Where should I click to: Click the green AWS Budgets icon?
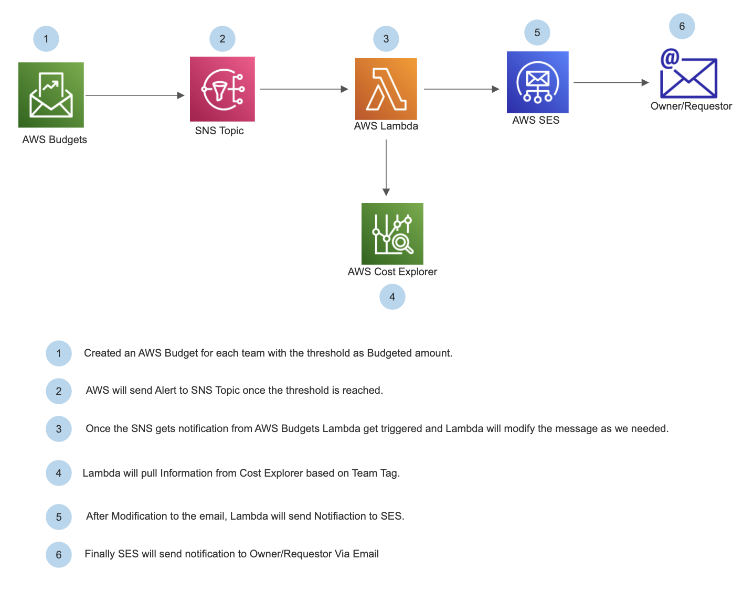click(x=51, y=95)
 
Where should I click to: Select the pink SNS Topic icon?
click(x=222, y=89)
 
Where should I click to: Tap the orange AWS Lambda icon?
click(x=386, y=89)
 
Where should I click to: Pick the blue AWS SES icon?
click(x=537, y=82)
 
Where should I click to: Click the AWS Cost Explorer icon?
click(x=392, y=233)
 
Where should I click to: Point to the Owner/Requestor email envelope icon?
click(x=688, y=73)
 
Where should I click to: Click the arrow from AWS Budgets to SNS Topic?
click(x=135, y=95)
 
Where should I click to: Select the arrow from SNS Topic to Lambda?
click(x=304, y=89)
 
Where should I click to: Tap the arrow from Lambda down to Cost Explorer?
click(x=386, y=168)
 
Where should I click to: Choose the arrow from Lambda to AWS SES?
click(x=462, y=89)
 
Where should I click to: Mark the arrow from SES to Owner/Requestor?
click(x=611, y=83)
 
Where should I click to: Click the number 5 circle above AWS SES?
click(x=537, y=33)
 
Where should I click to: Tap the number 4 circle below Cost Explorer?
click(x=392, y=297)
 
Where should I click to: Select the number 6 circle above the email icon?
click(x=682, y=26)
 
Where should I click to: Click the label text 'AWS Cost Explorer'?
click(x=392, y=272)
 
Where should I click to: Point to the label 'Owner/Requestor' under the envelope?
click(x=691, y=106)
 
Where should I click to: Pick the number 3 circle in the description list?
click(x=59, y=429)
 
